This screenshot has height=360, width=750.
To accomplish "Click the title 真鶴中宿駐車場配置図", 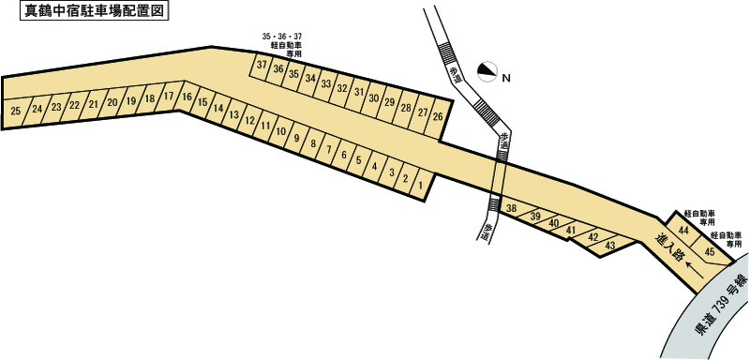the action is click(x=95, y=11).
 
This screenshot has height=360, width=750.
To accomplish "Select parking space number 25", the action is click(x=16, y=112).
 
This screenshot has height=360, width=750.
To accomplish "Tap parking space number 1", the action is click(x=420, y=184).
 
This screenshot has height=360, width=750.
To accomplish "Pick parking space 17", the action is click(x=168, y=96).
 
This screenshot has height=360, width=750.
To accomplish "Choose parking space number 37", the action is click(x=262, y=65).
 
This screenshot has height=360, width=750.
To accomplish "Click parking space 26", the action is click(x=438, y=116).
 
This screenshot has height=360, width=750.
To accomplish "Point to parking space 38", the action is click(x=512, y=208).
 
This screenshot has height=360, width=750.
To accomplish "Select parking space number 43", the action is click(x=609, y=246).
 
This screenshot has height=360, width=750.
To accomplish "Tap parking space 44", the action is click(x=683, y=231).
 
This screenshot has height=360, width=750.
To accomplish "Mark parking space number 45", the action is click(x=710, y=252).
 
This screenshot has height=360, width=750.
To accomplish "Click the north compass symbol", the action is click(x=487, y=71).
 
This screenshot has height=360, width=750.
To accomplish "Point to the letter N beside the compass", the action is click(x=506, y=79).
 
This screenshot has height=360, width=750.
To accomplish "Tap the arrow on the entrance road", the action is click(x=695, y=269).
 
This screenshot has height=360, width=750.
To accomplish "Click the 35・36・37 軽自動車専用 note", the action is click(x=282, y=45).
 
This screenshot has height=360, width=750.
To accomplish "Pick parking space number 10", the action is click(x=281, y=131).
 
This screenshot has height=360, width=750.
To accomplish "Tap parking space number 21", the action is click(x=94, y=105).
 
